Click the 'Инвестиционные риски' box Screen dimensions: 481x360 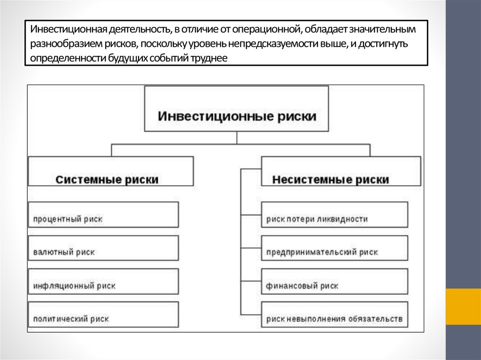point(237,109)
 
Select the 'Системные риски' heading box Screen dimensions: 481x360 point(111,171)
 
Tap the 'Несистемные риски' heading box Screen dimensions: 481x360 point(341,171)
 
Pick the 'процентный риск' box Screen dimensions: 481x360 point(103,214)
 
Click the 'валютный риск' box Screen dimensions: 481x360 point(103,248)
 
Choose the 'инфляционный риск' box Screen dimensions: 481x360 point(103,282)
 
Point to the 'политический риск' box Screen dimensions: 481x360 point(103,314)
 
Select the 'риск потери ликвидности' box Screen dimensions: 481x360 point(334,214)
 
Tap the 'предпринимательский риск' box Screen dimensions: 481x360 point(334,248)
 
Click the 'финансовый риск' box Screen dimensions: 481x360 point(334,282)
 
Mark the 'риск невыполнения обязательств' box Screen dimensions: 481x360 point(334,314)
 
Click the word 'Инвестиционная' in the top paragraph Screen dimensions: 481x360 point(69,30)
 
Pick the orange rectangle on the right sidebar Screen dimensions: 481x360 point(463,306)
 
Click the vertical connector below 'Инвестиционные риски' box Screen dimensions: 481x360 point(237,138)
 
